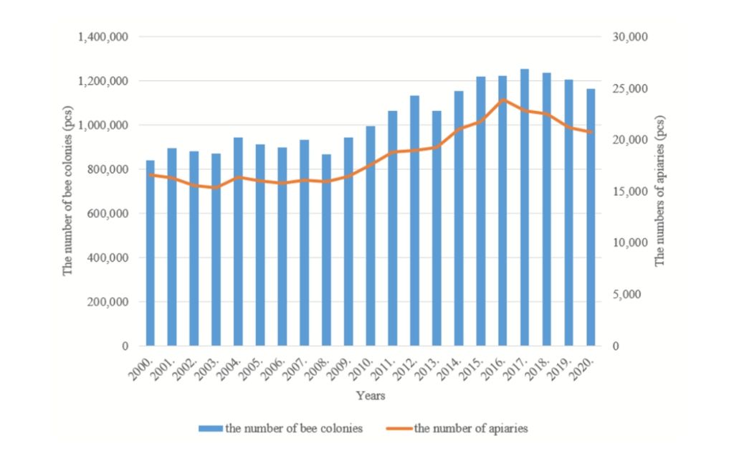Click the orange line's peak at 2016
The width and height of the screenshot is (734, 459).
point(503,100)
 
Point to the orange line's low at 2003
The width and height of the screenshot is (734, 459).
point(216,187)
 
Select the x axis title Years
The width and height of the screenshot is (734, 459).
point(371,395)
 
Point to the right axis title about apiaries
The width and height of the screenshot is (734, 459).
point(660,191)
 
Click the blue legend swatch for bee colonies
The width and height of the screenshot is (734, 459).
point(210,429)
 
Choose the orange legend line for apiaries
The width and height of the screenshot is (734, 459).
point(401,429)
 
